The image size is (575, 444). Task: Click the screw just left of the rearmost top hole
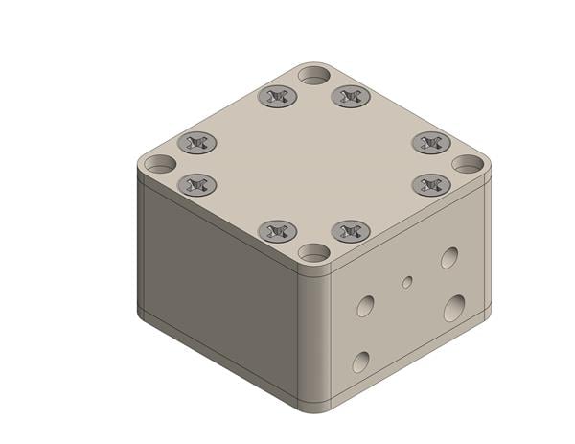pos(278,96)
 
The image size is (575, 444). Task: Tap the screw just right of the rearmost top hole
pos(351,96)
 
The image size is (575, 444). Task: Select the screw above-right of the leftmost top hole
pos(197,143)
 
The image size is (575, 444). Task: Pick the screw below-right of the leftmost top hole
pos(197,183)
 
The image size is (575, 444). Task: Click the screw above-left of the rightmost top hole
pos(431,143)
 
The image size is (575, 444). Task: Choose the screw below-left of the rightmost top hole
pos(431,183)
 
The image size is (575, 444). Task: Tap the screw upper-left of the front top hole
pos(278,231)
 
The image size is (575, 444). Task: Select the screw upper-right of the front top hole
pos(351,231)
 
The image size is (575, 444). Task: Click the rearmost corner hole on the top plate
pos(313,75)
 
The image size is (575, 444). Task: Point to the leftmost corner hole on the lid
pos(161,164)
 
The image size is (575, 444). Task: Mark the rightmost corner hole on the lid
pos(468,164)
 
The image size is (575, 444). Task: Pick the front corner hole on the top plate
pos(313,253)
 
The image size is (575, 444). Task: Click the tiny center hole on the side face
pos(407,282)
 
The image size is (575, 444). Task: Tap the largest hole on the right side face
pos(454,308)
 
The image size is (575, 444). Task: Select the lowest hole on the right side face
pos(360,362)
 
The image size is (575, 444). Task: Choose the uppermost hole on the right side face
pos(449,257)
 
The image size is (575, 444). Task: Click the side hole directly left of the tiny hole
pos(365,306)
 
